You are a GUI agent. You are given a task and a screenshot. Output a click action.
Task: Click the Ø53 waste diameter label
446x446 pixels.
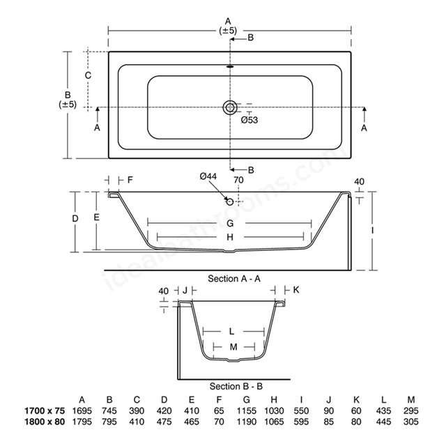pos(249,120)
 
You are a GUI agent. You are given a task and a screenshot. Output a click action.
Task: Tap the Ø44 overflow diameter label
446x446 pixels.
pos(208,176)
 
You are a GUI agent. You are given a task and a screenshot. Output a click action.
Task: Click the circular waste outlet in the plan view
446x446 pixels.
pos(230,107)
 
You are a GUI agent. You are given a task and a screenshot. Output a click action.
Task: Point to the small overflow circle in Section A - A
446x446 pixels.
pos(230,202)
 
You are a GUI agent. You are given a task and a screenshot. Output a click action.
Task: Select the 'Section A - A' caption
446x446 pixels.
pos(234,279)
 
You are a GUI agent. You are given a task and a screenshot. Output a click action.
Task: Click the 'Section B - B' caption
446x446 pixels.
pos(236,386)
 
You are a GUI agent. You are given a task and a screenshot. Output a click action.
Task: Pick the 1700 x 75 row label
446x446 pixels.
pos(45,410)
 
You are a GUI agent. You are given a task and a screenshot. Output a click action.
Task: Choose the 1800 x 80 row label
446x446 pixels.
pos(45,422)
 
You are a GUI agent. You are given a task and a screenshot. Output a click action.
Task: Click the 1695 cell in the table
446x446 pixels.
pos(82,410)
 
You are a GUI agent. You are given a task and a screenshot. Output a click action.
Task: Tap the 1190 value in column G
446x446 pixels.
pos(246,422)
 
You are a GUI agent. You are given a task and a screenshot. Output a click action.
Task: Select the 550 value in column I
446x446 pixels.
pos(301,410)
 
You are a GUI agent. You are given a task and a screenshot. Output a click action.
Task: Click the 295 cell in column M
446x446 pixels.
pos(411,410)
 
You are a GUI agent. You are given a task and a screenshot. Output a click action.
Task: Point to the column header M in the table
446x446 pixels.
pos(411,400)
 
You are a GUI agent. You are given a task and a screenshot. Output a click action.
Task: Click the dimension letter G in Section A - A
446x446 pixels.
pos(230,223)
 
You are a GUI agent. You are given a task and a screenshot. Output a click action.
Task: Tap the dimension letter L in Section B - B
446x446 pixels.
pos(231,332)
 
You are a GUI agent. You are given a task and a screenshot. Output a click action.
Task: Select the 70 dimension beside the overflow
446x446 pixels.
pos(238,180)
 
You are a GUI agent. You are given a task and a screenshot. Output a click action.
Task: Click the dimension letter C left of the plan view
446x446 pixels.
pos(89,75)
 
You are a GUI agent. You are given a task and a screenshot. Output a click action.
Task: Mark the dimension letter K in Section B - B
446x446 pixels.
pos(296,290)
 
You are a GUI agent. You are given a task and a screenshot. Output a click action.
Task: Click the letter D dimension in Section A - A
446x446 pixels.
pos(75,218)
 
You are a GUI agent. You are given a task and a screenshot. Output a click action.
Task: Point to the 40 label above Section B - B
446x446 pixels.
pos(164,291)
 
